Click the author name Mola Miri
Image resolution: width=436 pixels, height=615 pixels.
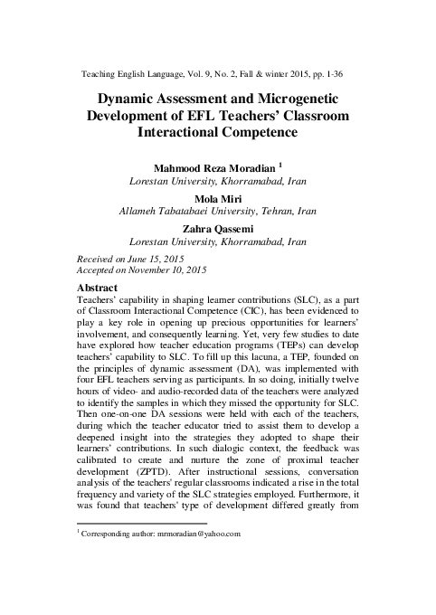pyautogui.click(x=217, y=196)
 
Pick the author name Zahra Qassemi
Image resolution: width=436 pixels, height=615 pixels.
pyautogui.click(x=217, y=228)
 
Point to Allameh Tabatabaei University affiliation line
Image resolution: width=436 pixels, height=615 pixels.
pyautogui.click(x=218, y=211)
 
